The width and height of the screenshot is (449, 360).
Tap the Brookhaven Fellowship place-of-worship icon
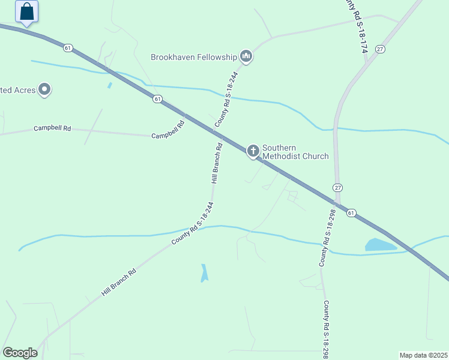pyautogui.click(x=246, y=57)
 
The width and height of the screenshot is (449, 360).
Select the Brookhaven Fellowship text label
pyautogui.click(x=194, y=58)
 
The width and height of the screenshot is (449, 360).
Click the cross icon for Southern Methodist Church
pyautogui.click(x=253, y=151)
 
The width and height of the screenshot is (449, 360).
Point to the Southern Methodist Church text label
pyautogui.click(x=295, y=152)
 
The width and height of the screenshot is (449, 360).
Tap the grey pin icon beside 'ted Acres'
pyautogui.click(x=44, y=90)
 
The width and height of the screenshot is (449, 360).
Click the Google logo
pyautogui.click(x=20, y=353)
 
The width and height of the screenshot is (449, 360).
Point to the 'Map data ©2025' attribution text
pyautogui.click(x=423, y=355)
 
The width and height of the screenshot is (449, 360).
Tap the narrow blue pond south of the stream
pyautogui.click(x=204, y=273)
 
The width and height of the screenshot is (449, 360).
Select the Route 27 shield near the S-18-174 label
pyautogui.click(x=380, y=49)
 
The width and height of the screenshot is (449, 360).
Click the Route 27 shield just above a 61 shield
pyautogui.click(x=337, y=188)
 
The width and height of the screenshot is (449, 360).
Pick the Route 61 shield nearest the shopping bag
pyautogui.click(x=68, y=47)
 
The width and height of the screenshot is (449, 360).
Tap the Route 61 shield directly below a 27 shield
pyautogui.click(x=351, y=212)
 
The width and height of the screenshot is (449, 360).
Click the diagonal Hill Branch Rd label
pyautogui.click(x=119, y=282)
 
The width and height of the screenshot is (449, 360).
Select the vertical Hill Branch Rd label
pyautogui.click(x=217, y=163)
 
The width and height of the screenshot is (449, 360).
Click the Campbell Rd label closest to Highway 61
pyautogui.click(x=166, y=136)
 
